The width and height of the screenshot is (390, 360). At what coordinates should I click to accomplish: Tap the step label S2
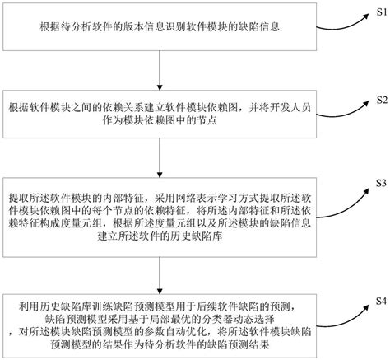tap(376, 101)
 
